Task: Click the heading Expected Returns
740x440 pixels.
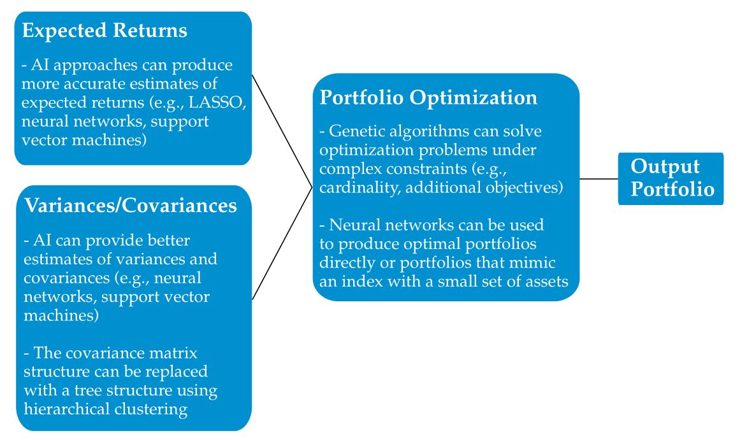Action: point(105,31)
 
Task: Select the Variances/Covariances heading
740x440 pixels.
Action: point(131,206)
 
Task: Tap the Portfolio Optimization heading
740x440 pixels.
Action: point(428,97)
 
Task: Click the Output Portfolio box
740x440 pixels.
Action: point(671,178)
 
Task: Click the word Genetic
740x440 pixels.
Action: point(354,132)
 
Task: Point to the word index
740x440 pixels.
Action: point(361,281)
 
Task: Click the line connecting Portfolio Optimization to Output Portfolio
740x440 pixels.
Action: point(599,179)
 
